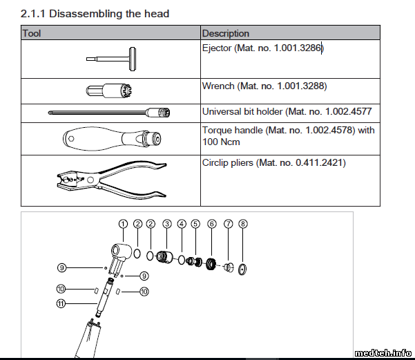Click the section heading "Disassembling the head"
[109, 14]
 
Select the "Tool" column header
[32, 33]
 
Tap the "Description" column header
[226, 33]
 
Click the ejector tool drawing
[111, 59]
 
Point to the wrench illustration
[109, 91]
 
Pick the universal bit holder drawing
[109, 113]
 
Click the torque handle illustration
[112, 139]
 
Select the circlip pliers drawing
[112, 180]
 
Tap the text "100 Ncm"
[221, 142]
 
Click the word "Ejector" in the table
[217, 48]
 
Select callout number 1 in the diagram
[123, 224]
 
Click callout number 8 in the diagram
[243, 224]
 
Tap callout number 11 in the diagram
[61, 303]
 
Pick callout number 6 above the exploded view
[212, 224]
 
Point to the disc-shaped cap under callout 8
[242, 269]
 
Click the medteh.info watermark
[383, 353]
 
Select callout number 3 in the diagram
[167, 224]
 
